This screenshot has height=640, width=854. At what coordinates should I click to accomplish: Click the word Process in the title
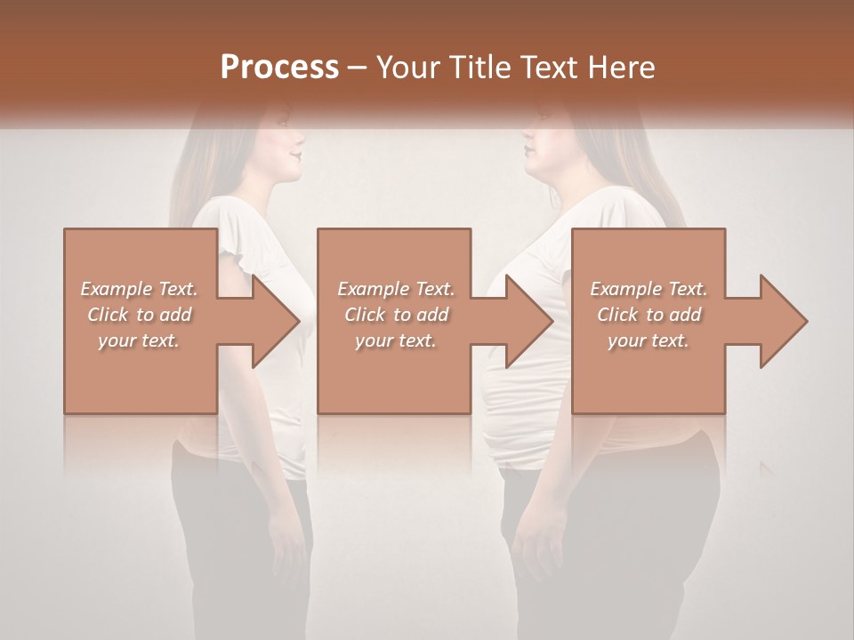click(x=279, y=67)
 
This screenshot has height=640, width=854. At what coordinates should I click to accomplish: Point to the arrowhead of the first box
click(x=276, y=321)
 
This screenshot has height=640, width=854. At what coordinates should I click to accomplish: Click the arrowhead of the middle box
click(x=529, y=321)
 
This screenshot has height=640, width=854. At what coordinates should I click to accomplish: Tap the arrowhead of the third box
click(x=783, y=321)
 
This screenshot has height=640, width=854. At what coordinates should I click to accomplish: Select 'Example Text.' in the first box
click(x=139, y=289)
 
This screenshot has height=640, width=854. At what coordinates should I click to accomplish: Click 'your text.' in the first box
click(x=139, y=340)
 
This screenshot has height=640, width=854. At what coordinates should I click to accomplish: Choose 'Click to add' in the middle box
click(x=396, y=315)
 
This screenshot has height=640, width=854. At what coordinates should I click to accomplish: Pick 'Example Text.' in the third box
click(x=649, y=289)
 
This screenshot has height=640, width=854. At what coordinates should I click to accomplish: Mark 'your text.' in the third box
click(x=649, y=340)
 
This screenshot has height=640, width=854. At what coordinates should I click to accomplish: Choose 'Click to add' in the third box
click(x=649, y=315)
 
